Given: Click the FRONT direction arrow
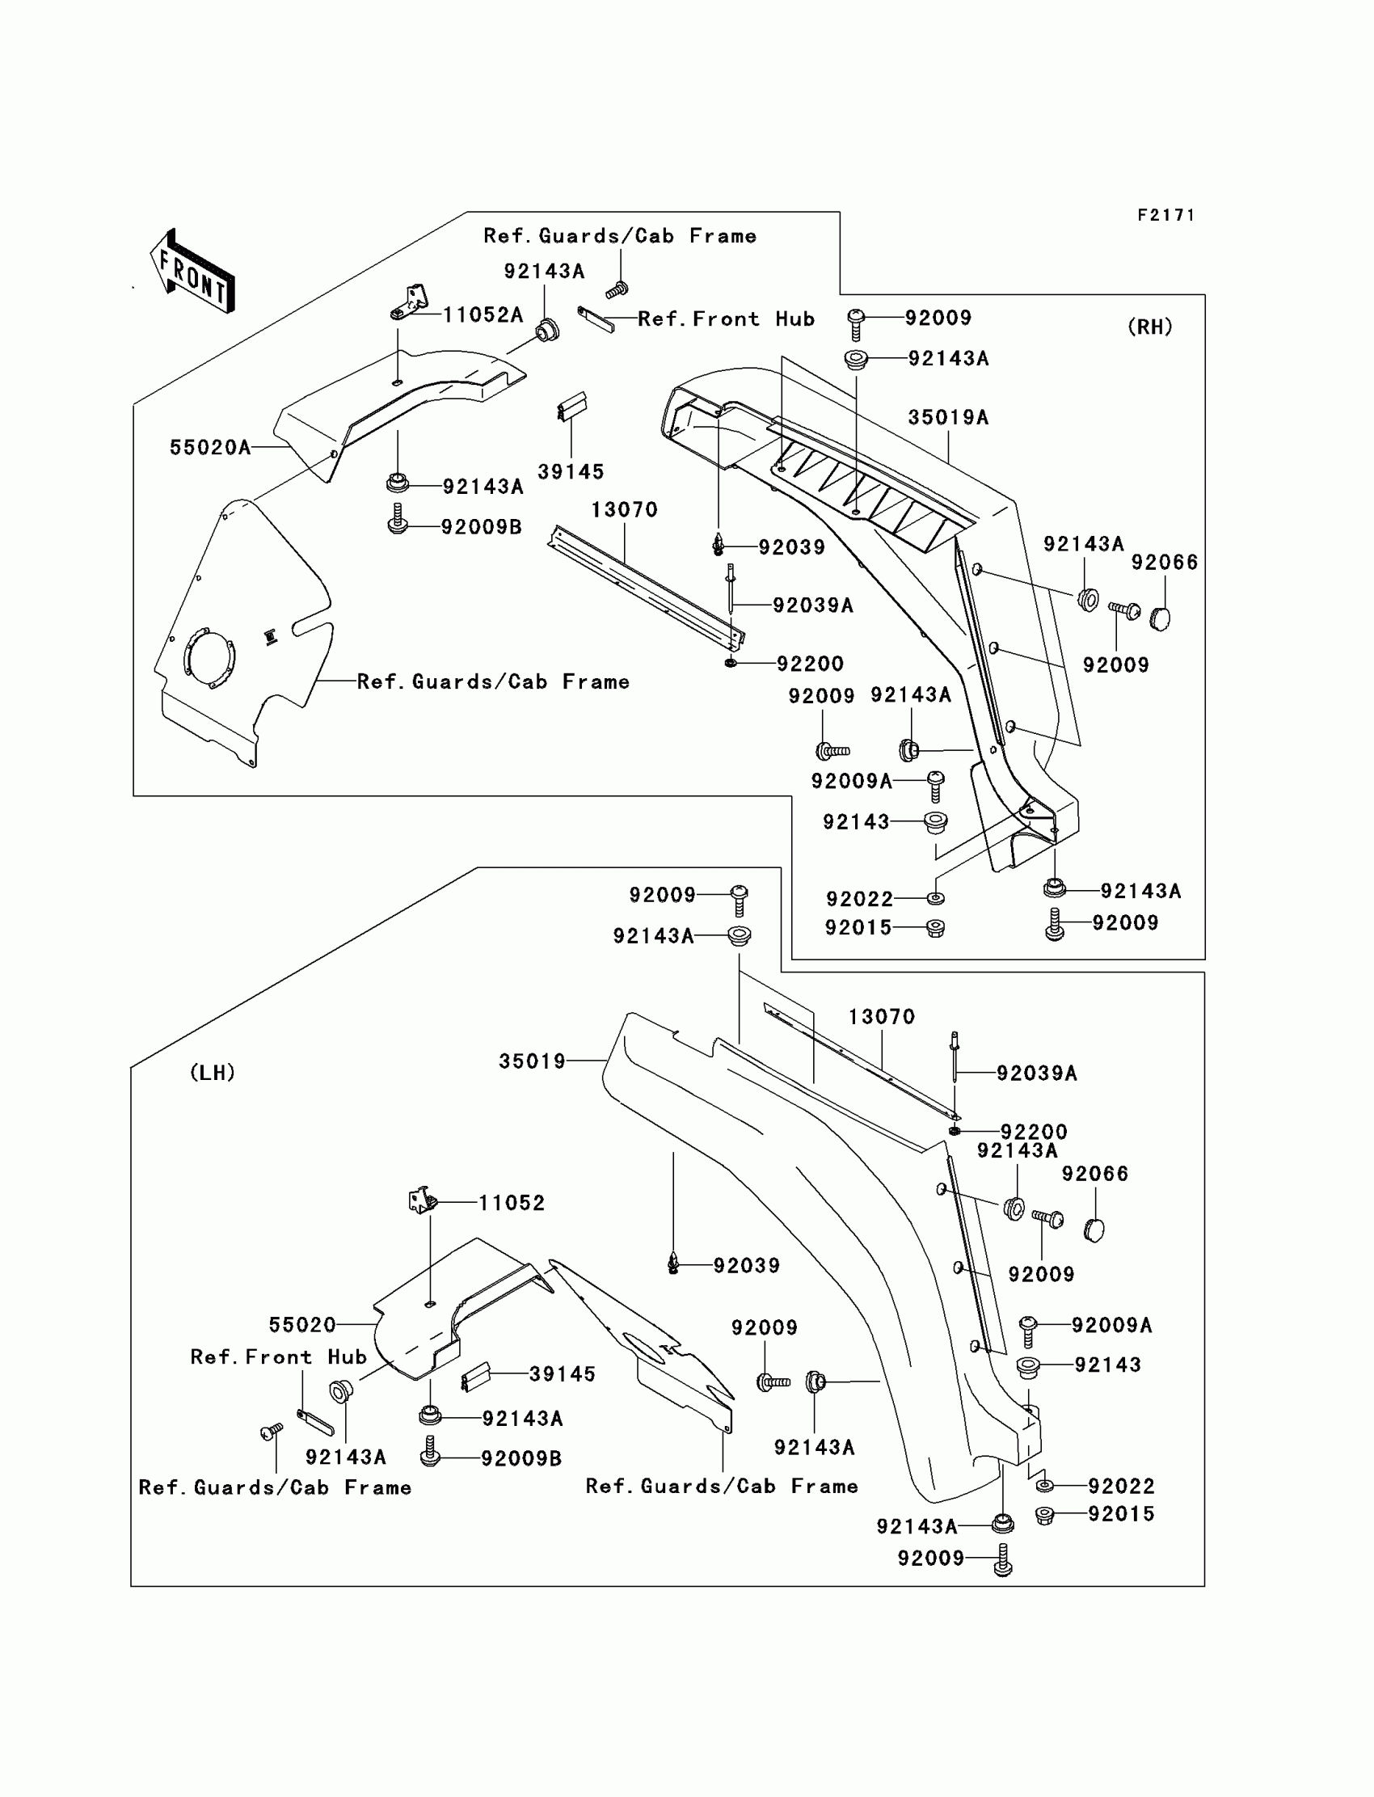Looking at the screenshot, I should (x=193, y=272).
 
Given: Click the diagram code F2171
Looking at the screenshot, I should (x=1166, y=215).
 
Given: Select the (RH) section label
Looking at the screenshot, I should (x=1150, y=327).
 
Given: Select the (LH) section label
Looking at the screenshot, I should (x=213, y=1073).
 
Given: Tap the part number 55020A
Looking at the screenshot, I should (x=210, y=447).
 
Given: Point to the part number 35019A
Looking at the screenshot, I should (x=948, y=417).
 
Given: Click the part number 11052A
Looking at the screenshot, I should (x=483, y=315).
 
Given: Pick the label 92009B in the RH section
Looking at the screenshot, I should (x=481, y=527).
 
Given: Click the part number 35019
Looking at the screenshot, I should (x=533, y=1061).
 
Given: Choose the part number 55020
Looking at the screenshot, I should (x=302, y=1324).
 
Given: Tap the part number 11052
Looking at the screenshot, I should (x=511, y=1202).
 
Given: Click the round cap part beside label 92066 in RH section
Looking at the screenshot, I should (x=1160, y=618).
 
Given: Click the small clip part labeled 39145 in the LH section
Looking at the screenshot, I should (x=476, y=1377).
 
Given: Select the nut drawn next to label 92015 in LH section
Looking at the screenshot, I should (x=1044, y=1515).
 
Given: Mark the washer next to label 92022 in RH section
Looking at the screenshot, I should (x=936, y=898).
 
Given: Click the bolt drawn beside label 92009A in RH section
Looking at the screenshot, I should (x=936, y=786).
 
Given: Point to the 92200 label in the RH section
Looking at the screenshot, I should (x=810, y=664).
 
